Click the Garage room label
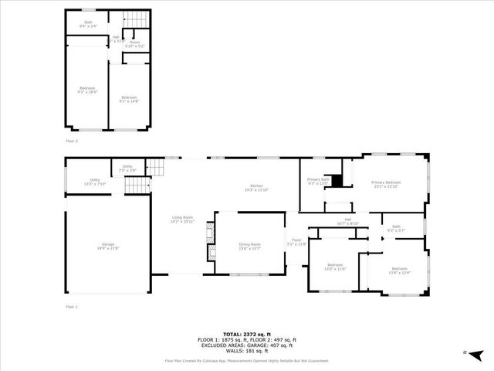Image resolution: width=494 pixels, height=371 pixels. click(108, 246)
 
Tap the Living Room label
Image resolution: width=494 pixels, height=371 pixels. click(182, 220)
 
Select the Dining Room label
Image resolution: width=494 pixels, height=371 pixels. click(249, 246)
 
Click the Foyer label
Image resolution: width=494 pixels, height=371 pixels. click(296, 242)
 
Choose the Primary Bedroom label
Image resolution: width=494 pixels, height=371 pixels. click(386, 184)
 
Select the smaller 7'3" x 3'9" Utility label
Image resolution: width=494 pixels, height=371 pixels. click(127, 168)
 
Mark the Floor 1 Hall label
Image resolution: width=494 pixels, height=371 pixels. click(348, 221)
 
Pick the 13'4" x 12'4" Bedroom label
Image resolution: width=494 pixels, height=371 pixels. click(400, 270)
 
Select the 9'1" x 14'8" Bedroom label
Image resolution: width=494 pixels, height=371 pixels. click(128, 99)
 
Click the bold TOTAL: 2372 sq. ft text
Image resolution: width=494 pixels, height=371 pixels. click(246, 334)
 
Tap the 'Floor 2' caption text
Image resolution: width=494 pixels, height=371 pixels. click(71, 141)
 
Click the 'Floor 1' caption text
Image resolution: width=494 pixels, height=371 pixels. click(71, 307)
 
